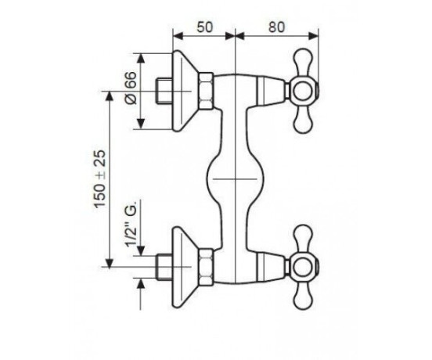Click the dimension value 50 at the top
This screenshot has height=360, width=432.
pos(205,27)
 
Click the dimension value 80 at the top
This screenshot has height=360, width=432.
pos(276,27)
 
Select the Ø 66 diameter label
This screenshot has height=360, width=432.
pos(131,88)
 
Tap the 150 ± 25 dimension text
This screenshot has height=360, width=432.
pos(99,178)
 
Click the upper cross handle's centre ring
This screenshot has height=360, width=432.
pos(302,91)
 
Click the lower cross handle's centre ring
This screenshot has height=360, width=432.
pos(302,267)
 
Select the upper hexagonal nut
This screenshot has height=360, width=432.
pos(206,91)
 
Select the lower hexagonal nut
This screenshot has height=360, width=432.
pos(206,267)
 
